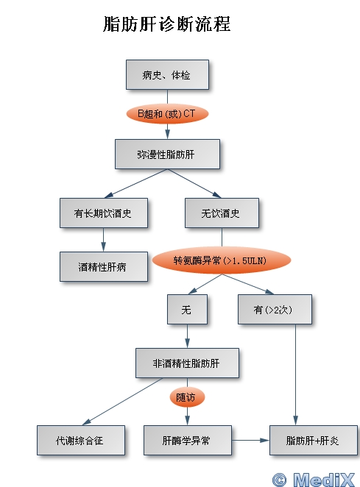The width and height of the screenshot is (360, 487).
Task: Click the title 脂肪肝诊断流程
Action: [166, 24]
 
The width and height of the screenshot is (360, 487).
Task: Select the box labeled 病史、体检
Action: [167, 75]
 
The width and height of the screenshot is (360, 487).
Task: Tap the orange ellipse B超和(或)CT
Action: [167, 114]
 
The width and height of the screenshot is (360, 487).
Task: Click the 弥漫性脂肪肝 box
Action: [167, 154]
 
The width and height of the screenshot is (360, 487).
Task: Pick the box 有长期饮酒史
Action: [104, 213]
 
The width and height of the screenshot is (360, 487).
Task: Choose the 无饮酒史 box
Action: [222, 213]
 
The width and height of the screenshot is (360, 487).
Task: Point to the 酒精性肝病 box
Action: [104, 266]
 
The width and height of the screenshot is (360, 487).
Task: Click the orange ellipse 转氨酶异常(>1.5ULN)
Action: [222, 260]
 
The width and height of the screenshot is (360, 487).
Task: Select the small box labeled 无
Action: [187, 310]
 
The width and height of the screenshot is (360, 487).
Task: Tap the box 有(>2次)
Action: [275, 310]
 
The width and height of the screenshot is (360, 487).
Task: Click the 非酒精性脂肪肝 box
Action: [187, 363]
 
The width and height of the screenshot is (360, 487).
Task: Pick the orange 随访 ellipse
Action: [187, 397]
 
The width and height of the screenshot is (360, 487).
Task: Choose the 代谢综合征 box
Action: [81, 440]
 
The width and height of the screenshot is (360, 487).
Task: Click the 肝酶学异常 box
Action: [188, 440]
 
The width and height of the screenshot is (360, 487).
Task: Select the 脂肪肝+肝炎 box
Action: [314, 440]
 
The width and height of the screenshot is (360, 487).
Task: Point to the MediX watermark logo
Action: [314, 480]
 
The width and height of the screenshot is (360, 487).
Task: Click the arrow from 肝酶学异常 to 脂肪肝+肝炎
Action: [250, 440]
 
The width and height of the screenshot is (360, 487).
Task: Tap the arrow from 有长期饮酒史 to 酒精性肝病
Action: [104, 240]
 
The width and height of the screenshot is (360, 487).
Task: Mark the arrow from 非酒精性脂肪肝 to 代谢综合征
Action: [122, 401]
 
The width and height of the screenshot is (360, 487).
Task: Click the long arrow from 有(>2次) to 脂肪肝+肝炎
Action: [295, 375]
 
